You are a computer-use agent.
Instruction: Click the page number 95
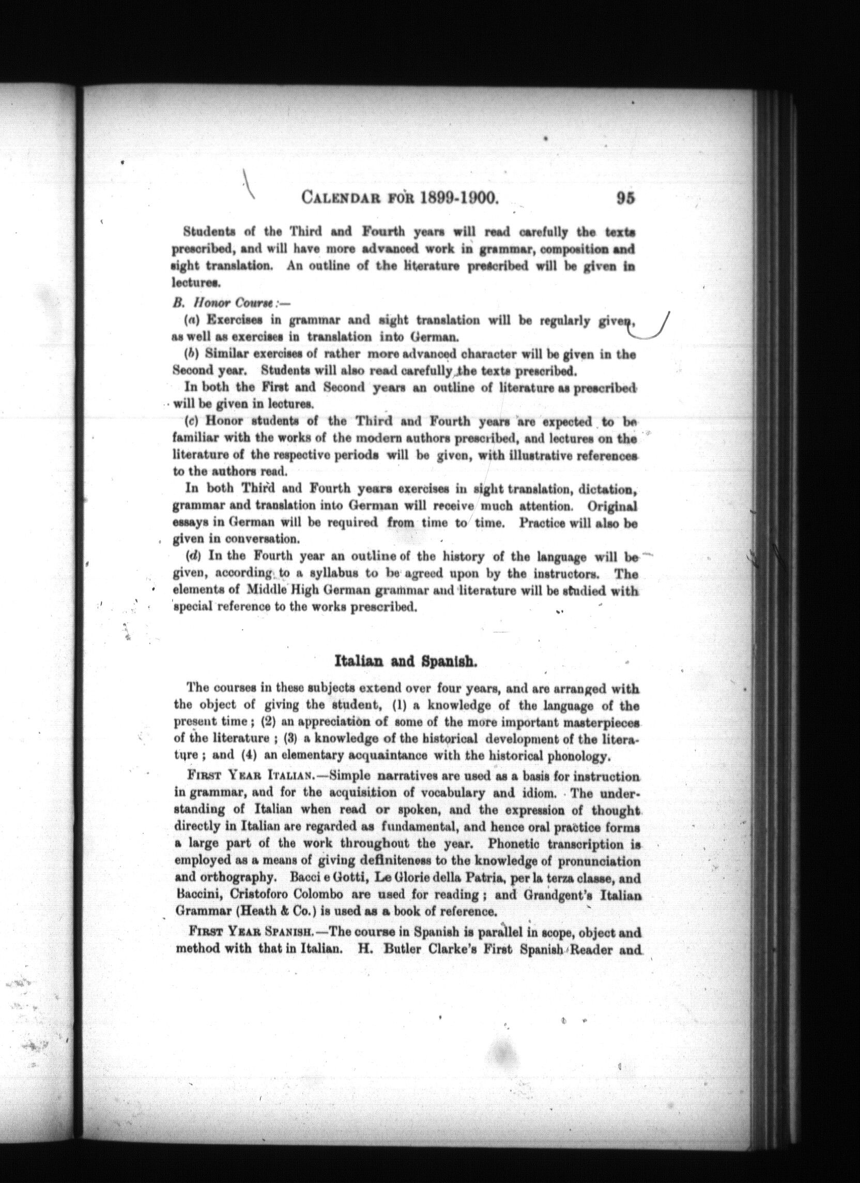pos(625,198)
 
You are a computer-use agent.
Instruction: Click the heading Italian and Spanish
pos(405,662)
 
